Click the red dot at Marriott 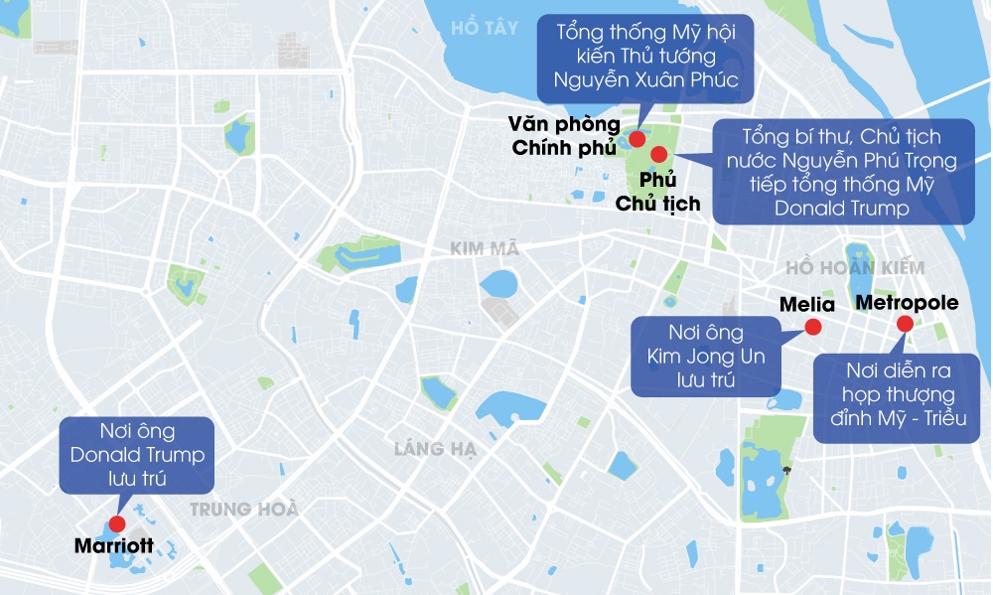[116, 523]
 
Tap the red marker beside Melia [812, 327]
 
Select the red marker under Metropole [905, 323]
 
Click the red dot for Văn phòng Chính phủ [637, 139]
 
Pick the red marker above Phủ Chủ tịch [657, 154]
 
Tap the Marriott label [113, 545]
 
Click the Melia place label [807, 304]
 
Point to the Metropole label [907, 302]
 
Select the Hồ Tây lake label [484, 28]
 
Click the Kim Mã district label [485, 248]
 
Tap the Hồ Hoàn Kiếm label [854, 268]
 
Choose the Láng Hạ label [435, 449]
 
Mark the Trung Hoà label [244, 510]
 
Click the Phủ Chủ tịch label [657, 193]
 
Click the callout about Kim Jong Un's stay [706, 356]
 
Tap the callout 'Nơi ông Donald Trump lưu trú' [137, 455]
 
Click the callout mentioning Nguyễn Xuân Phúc [645, 56]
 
